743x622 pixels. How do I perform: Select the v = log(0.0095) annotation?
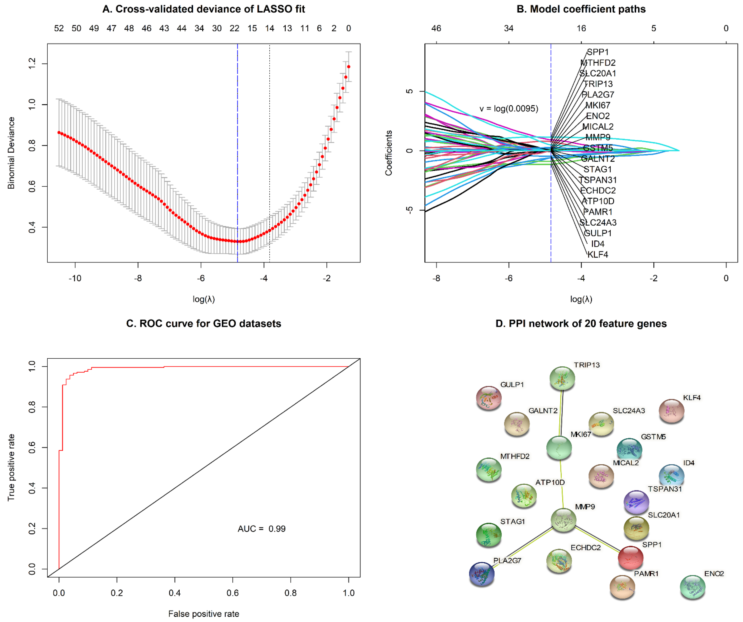point(509,109)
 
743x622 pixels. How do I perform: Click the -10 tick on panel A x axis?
point(75,278)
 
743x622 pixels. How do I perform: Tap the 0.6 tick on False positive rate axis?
point(233,593)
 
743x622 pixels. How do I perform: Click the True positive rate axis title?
point(11,467)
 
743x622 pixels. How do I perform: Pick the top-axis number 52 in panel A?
point(59,28)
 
